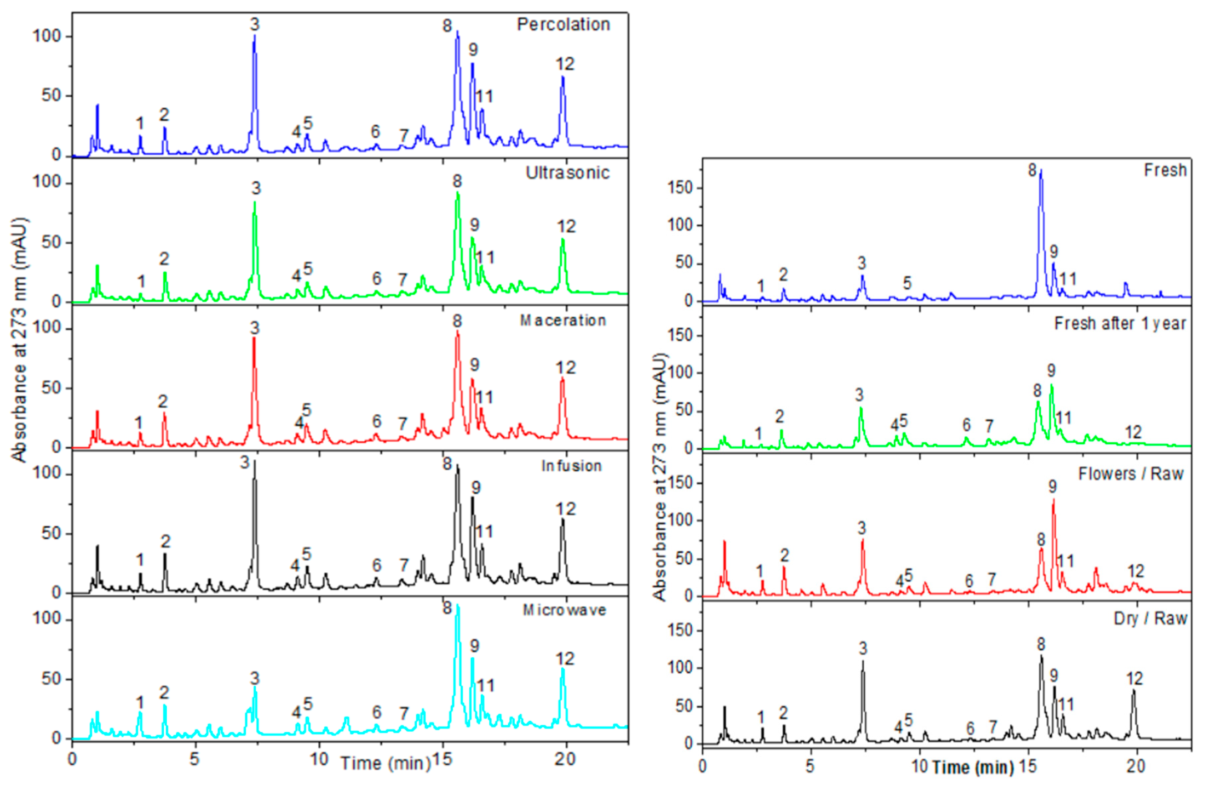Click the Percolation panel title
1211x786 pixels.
coord(563,24)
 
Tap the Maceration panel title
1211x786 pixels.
coord(563,320)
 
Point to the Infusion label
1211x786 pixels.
coord(571,466)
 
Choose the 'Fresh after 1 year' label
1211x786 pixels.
coord(1120,323)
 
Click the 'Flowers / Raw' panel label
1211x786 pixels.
coord(1130,474)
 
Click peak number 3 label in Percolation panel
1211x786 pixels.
coord(255,24)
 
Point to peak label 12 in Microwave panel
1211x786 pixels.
coord(565,659)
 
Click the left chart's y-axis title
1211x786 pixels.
coord(19,341)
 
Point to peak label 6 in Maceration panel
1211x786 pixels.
coord(376,421)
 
